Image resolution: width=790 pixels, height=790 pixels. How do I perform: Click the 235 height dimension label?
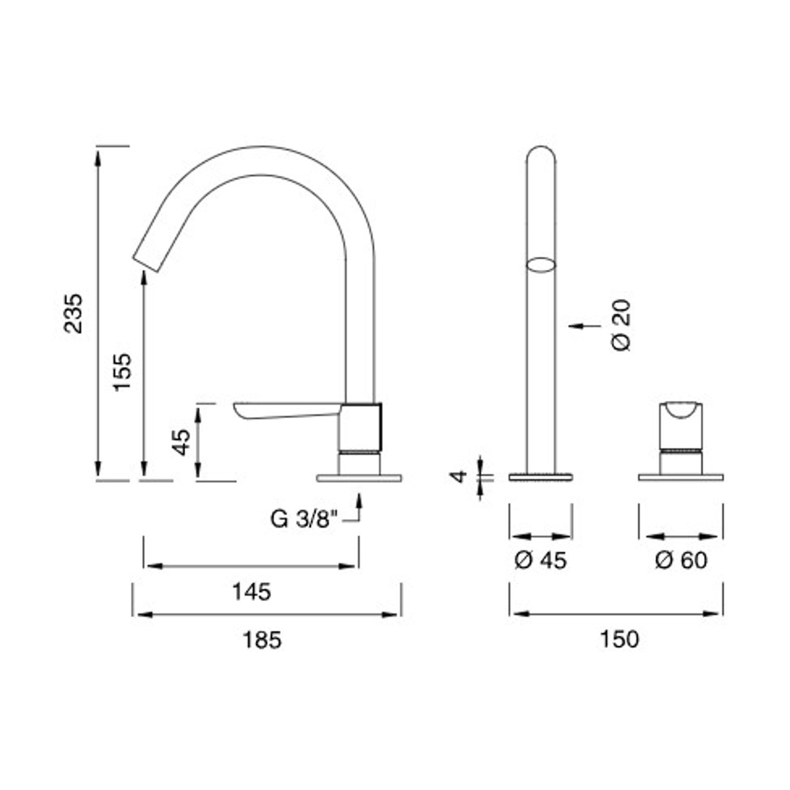(x=74, y=313)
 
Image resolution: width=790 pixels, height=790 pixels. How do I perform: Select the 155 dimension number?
(x=122, y=372)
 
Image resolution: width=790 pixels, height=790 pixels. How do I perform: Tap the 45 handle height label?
(x=182, y=442)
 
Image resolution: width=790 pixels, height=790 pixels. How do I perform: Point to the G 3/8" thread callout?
(x=304, y=519)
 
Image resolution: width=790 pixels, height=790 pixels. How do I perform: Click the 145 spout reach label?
(x=252, y=592)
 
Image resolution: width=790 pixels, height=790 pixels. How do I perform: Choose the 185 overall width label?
(x=262, y=640)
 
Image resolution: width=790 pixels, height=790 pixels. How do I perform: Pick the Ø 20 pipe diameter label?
(x=622, y=325)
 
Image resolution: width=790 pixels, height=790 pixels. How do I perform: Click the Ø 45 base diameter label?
(x=541, y=560)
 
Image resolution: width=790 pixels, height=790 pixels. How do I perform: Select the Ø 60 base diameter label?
(x=681, y=560)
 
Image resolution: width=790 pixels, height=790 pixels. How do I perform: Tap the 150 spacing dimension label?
(x=619, y=639)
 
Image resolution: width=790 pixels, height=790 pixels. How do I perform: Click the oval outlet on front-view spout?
(x=541, y=264)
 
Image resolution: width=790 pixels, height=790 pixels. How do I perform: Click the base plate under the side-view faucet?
(x=359, y=478)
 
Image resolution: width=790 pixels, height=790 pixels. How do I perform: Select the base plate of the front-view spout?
(x=541, y=477)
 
